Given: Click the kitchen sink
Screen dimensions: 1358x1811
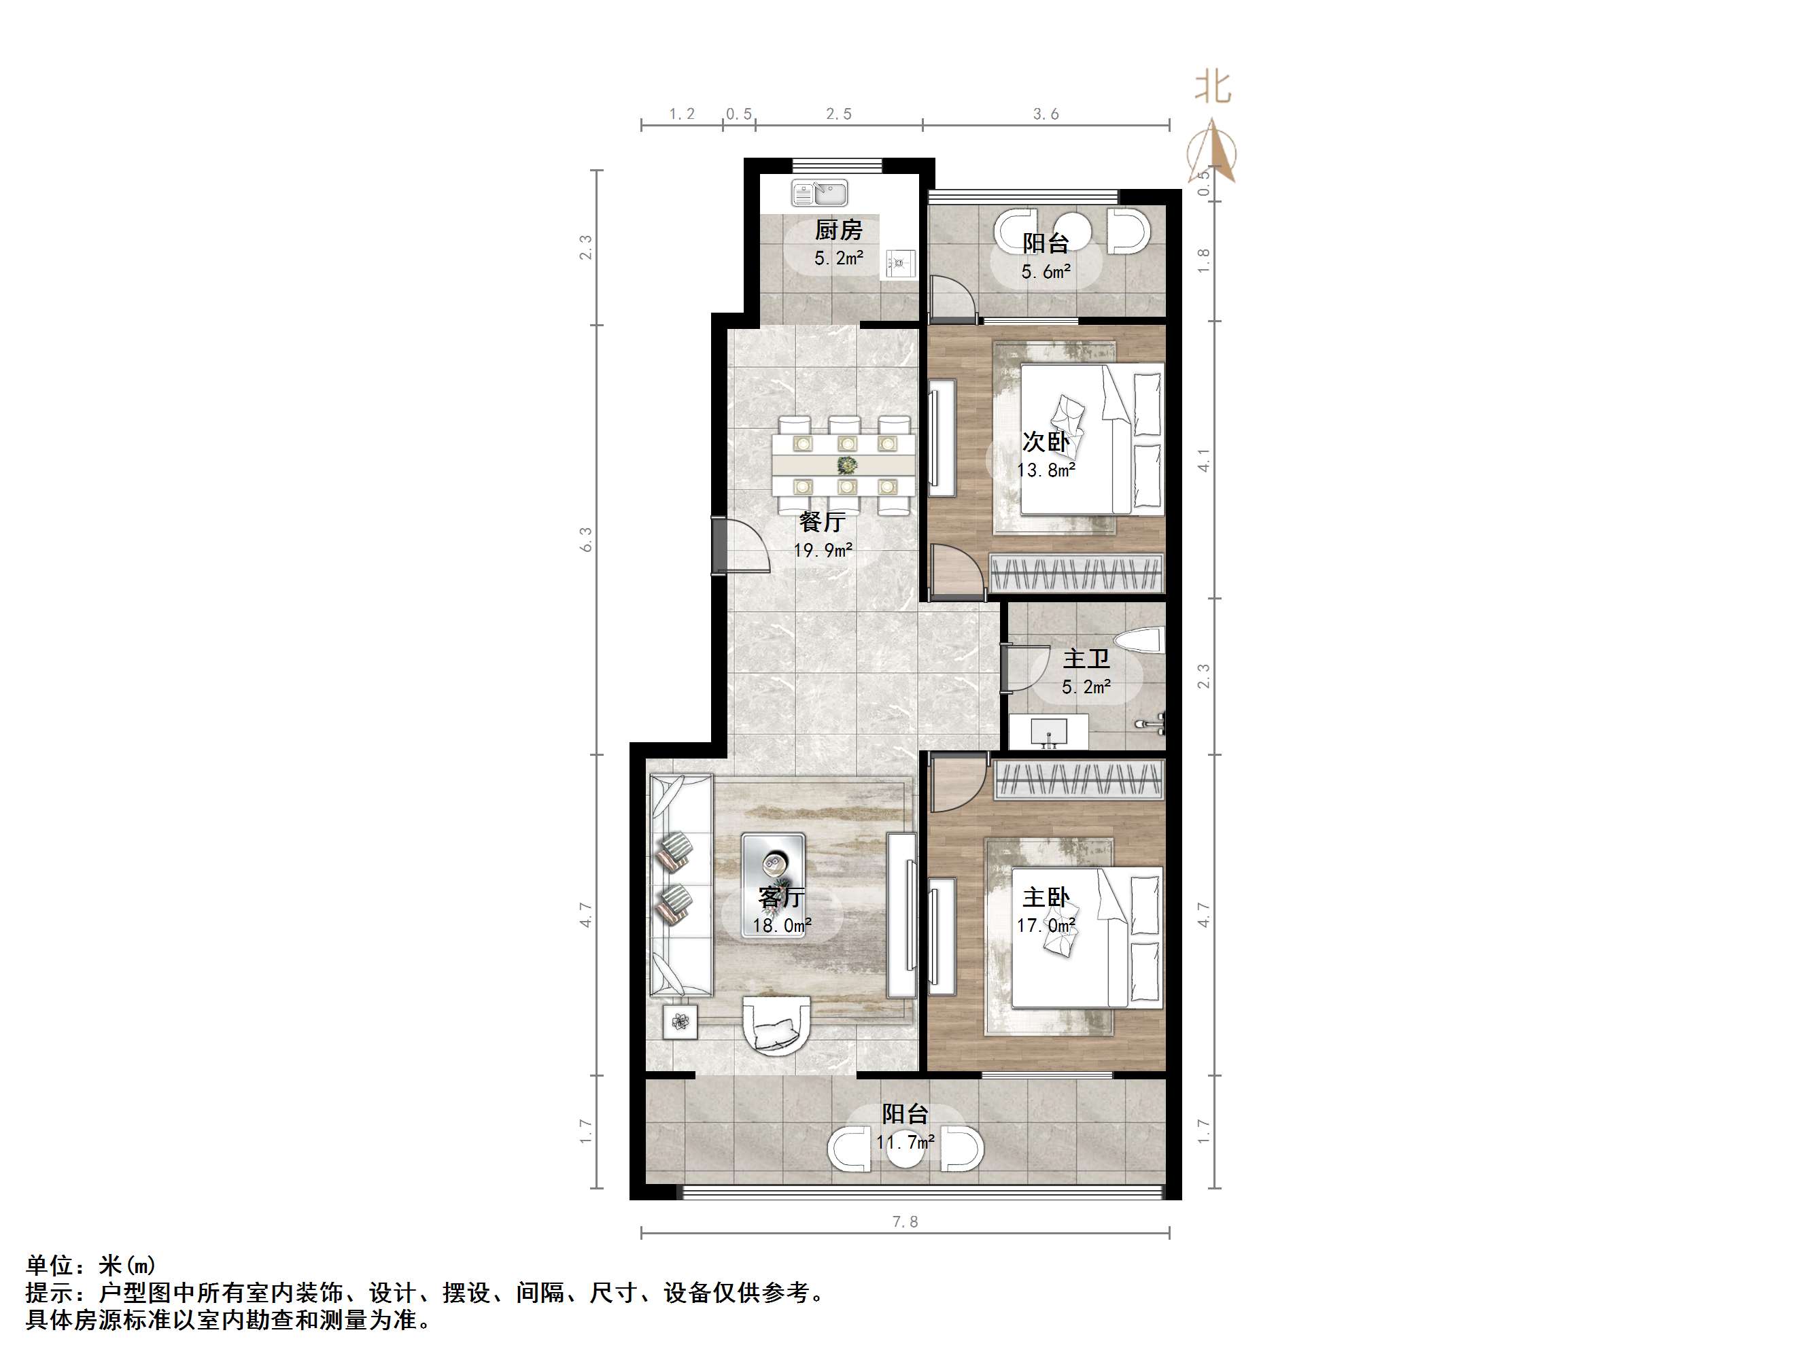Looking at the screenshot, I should [x=820, y=194].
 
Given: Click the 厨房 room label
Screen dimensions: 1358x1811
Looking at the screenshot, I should [x=838, y=230].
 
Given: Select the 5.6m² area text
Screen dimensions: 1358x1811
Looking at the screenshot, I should [x=1046, y=272].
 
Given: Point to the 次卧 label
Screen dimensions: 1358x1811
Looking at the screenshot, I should [x=1046, y=442].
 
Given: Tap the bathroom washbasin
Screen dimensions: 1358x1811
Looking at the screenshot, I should [x=1047, y=730].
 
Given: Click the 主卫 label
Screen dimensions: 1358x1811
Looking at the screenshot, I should [x=1086, y=659].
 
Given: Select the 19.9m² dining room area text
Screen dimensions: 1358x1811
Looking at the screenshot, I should [x=823, y=550].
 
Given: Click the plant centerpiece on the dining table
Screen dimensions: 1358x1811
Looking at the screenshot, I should [x=846, y=466].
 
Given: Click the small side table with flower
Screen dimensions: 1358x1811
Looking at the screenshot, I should [x=680, y=1022].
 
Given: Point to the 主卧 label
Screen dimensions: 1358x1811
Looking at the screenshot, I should [x=1046, y=898].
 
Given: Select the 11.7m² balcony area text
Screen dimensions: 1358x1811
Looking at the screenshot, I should [x=905, y=1141].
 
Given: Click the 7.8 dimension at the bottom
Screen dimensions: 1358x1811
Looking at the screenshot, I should [x=905, y=1222].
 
